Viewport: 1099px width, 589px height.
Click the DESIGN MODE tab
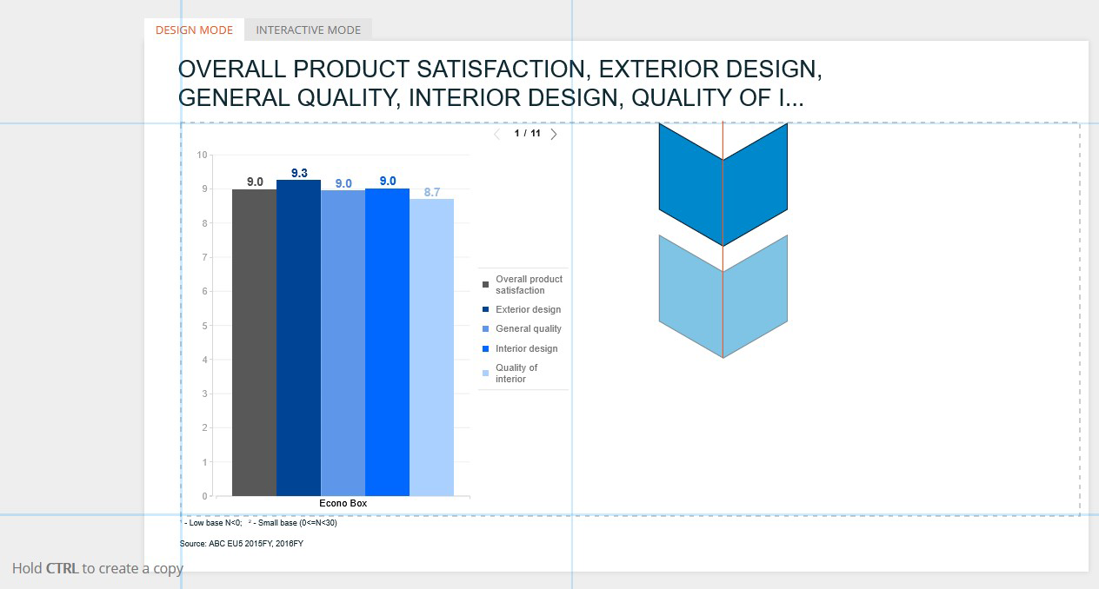pyautogui.click(x=194, y=30)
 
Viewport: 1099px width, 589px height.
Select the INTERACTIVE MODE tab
pyautogui.click(x=308, y=30)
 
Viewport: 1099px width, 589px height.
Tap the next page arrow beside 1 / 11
pyautogui.click(x=554, y=134)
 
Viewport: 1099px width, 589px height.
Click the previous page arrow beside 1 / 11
pyautogui.click(x=496, y=134)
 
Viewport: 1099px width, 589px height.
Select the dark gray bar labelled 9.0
pyautogui.click(x=254, y=342)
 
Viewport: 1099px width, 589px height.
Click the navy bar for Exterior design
pyautogui.click(x=298, y=338)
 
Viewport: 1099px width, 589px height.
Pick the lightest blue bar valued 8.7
pyautogui.click(x=432, y=347)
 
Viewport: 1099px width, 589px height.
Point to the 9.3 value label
pyautogui.click(x=299, y=173)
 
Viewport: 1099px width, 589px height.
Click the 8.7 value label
pyautogui.click(x=432, y=192)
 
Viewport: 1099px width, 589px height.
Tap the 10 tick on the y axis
pyautogui.click(x=202, y=155)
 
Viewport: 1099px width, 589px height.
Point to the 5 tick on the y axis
pyautogui.click(x=204, y=326)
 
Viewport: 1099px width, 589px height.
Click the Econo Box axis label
pyautogui.click(x=343, y=503)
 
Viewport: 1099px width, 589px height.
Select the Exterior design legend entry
pyautogui.click(x=522, y=309)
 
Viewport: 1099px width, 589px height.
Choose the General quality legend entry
pyautogui.click(x=522, y=328)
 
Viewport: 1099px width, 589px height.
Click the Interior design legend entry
pyautogui.click(x=520, y=348)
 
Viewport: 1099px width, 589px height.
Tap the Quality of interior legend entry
pyautogui.click(x=510, y=373)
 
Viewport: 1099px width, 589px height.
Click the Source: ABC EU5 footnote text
pyautogui.click(x=242, y=544)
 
